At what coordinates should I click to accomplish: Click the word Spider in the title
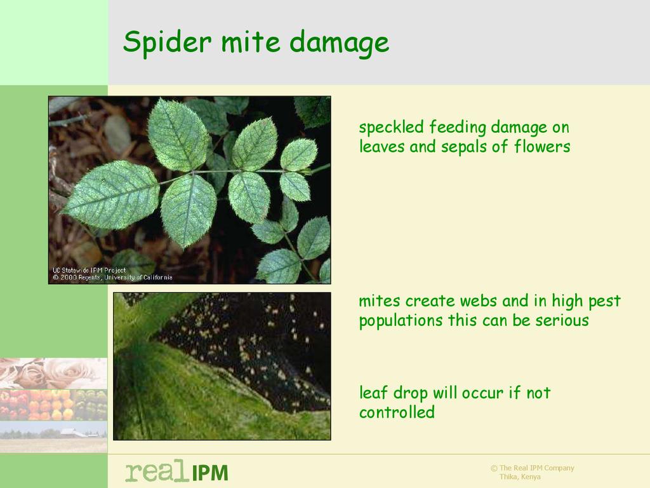click(x=168, y=42)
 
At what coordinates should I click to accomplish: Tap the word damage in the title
click(x=339, y=43)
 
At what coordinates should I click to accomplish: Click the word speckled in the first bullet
click(x=391, y=128)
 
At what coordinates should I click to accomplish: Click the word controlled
click(x=397, y=412)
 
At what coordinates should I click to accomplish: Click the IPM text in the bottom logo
click(x=209, y=473)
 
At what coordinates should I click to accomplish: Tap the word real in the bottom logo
click(x=156, y=471)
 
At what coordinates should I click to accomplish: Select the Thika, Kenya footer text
click(x=520, y=477)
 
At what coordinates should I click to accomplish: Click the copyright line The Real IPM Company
click(x=533, y=468)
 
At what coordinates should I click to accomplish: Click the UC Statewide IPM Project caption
click(x=89, y=270)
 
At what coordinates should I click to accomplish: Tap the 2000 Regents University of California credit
click(x=112, y=277)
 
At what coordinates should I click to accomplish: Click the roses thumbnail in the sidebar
click(x=53, y=374)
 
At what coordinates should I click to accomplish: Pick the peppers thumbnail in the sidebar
click(x=53, y=405)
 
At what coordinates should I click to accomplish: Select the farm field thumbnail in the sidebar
click(x=53, y=437)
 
